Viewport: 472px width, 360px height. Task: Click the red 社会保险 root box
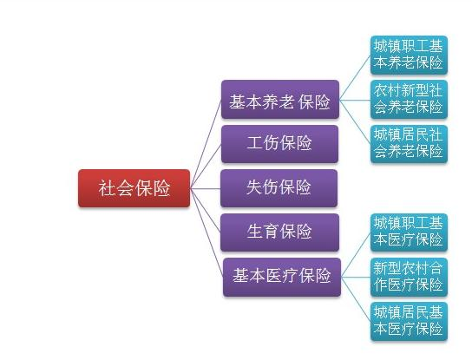(x=134, y=188)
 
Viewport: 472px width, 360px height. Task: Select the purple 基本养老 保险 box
(x=280, y=100)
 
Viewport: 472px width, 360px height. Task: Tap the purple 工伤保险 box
(x=279, y=144)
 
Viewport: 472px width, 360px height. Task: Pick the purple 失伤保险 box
(x=279, y=188)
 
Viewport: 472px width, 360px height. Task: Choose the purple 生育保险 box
(x=279, y=232)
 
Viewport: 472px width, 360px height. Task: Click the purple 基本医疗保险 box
(x=282, y=277)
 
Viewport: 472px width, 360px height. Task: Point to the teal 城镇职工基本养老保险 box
(x=409, y=55)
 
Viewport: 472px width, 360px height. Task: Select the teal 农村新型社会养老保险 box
(x=409, y=100)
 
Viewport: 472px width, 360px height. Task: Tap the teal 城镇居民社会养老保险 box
(x=409, y=144)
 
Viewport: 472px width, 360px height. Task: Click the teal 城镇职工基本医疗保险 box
(x=409, y=232)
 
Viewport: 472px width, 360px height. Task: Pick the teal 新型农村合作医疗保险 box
(x=409, y=277)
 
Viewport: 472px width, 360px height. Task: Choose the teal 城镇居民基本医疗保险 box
(x=409, y=322)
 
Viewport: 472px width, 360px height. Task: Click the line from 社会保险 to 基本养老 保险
(x=206, y=144)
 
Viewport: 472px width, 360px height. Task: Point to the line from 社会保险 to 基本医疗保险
(x=206, y=232)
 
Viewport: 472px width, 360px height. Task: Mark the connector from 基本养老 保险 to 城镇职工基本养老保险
(x=355, y=77)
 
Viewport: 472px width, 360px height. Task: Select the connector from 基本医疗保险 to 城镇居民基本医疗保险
(x=356, y=299)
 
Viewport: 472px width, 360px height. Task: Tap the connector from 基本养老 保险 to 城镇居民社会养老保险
(x=355, y=121)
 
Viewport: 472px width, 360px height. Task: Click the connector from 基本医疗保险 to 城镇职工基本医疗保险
(x=356, y=255)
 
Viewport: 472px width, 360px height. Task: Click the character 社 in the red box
(x=107, y=188)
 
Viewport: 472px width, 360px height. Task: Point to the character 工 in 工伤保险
(x=255, y=142)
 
